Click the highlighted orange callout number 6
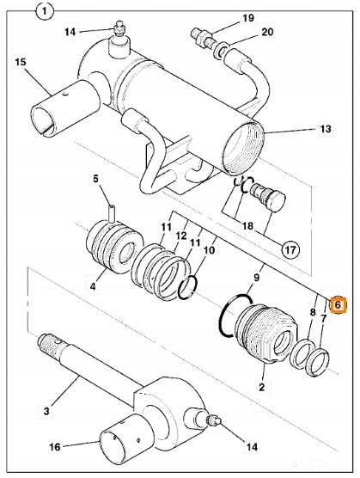[x=339, y=304]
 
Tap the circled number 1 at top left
[x=45, y=12]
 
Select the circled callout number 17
[x=290, y=250]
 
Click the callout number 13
[x=325, y=129]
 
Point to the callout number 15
[x=21, y=62]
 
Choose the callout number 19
[x=248, y=18]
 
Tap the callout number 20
[x=267, y=32]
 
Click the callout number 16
[x=55, y=447]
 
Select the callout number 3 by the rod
[x=46, y=411]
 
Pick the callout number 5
[x=95, y=179]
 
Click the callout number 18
[x=247, y=226]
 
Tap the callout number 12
[x=181, y=236]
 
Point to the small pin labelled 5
[x=112, y=213]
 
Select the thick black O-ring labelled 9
[x=235, y=316]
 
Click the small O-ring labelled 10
[x=188, y=287]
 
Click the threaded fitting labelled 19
[x=202, y=38]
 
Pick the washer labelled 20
[x=222, y=50]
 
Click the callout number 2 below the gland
[x=261, y=387]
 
